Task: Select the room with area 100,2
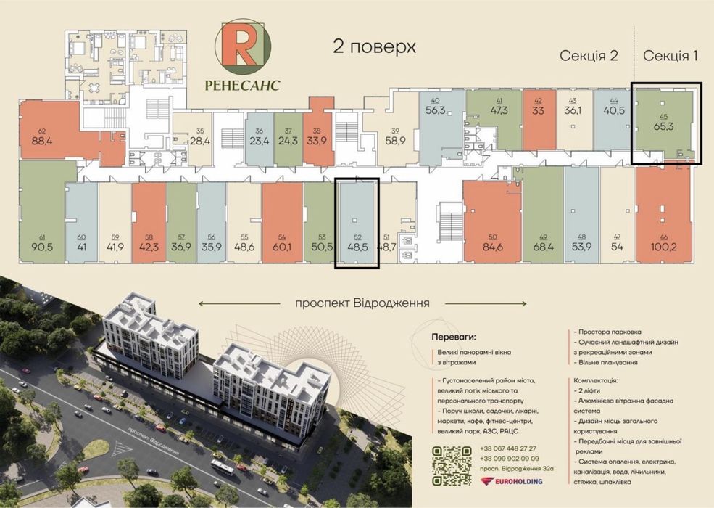tap(663, 245)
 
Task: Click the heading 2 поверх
tap(374, 47)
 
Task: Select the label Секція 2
tap(588, 56)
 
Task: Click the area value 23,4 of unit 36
tap(258, 142)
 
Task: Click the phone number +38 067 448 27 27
tap(508, 448)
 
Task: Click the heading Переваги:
tap(454, 337)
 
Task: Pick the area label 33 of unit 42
tap(539, 111)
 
